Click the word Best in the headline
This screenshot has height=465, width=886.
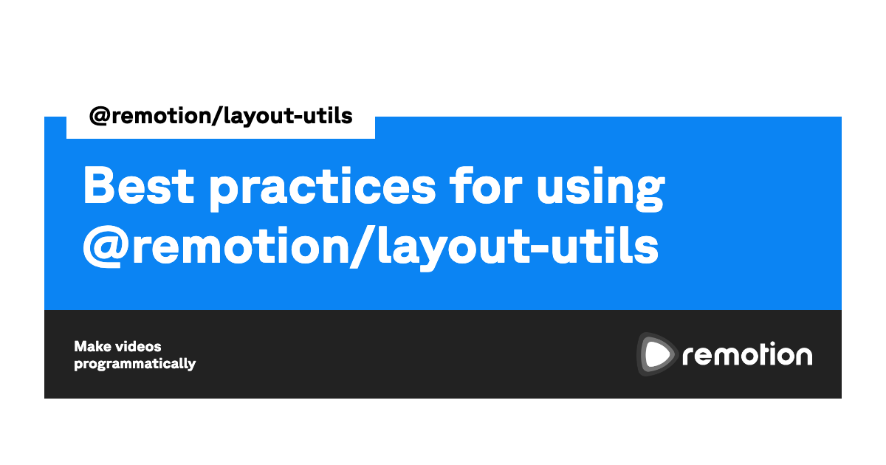click(x=139, y=185)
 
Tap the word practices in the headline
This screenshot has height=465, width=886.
click(x=323, y=189)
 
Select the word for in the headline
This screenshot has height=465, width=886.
click(x=486, y=185)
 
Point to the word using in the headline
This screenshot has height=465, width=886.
click(x=600, y=189)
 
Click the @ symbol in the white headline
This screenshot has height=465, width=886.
click(x=103, y=247)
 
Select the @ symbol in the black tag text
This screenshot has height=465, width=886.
click(x=100, y=117)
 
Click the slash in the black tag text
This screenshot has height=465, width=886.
click(x=218, y=116)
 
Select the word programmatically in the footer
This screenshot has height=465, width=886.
click(x=135, y=364)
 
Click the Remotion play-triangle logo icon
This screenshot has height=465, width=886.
click(x=656, y=354)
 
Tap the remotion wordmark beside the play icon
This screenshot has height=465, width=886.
click(x=747, y=355)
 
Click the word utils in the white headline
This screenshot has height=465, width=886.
click(x=605, y=245)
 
